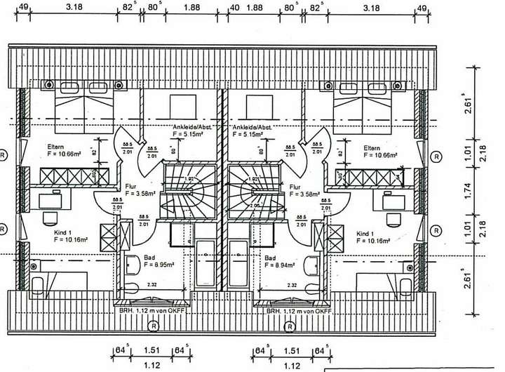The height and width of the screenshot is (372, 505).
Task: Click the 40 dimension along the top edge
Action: pos(234,7)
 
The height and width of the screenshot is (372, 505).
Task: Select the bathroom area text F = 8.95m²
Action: pos(159,266)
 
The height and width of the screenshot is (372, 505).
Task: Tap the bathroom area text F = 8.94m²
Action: pos(280,266)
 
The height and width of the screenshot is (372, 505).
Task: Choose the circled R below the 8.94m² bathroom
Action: pos(288,326)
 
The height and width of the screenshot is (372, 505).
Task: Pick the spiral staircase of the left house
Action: pos(182,190)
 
